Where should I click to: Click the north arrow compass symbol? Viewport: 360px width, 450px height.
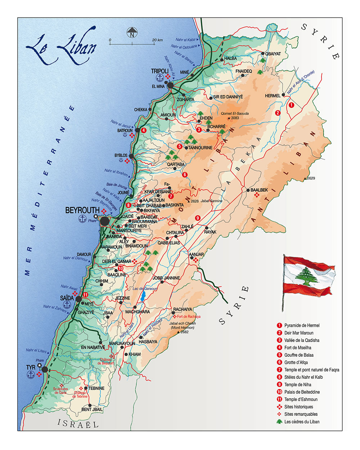pyautogui.click(x=132, y=33)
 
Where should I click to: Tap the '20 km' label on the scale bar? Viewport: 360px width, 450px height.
pyautogui.click(x=157, y=40)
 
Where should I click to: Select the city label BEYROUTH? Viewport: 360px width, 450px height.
pyautogui.click(x=82, y=210)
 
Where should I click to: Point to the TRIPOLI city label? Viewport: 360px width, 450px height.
pyautogui.click(x=160, y=71)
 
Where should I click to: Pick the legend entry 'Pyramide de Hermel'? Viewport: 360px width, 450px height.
pyautogui.click(x=302, y=325)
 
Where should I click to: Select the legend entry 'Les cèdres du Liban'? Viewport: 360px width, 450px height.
pyautogui.click(x=302, y=422)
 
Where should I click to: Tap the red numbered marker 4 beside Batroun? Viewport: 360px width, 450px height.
pyautogui.click(x=144, y=130)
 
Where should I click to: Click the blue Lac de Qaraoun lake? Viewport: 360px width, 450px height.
pyautogui.click(x=144, y=296)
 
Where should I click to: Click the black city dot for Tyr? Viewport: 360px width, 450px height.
pyautogui.click(x=45, y=369)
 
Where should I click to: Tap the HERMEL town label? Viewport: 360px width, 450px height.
pyautogui.click(x=273, y=96)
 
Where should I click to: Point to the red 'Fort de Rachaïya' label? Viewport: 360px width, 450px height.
pyautogui.click(x=189, y=316)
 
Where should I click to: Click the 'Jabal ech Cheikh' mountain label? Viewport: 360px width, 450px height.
pyautogui.click(x=183, y=323)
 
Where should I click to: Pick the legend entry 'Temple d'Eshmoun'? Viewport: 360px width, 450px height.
pyautogui.click(x=301, y=399)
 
